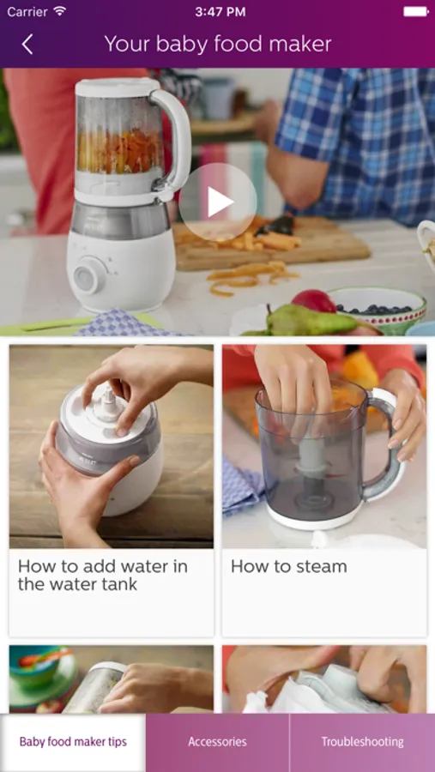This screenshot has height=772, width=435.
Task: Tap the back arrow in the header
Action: coord(27,45)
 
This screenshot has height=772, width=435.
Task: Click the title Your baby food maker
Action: coord(218,45)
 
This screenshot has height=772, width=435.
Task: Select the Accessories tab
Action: coord(217,741)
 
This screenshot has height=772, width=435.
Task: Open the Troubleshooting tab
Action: coord(363,741)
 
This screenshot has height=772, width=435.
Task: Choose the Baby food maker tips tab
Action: coord(73,741)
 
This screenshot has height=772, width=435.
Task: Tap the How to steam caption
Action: coord(288,566)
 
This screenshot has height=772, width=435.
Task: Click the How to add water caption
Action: coord(102,575)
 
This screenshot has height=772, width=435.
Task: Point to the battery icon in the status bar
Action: coord(416,11)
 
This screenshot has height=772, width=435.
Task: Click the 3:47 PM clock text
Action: coord(220,12)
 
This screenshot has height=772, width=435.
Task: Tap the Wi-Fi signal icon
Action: coord(60,11)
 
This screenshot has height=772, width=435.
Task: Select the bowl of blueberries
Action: coord(378,307)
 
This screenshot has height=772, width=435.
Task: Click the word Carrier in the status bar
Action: coord(27,11)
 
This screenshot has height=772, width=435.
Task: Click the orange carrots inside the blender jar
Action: coord(120,151)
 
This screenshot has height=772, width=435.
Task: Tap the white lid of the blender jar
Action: coord(118,87)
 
